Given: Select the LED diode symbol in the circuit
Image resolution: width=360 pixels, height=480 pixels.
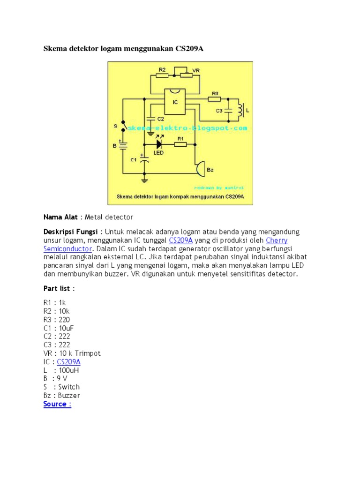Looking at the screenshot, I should (x=158, y=144).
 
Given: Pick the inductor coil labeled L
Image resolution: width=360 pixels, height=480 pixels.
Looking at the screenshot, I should (x=240, y=111).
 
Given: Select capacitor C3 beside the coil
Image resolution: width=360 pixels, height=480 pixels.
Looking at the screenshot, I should (x=227, y=111).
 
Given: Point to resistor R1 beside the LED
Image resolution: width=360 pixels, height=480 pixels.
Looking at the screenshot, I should (x=180, y=144).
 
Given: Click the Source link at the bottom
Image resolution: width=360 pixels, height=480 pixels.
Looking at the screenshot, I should (x=57, y=404).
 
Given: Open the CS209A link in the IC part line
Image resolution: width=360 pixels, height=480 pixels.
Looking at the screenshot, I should (x=69, y=362).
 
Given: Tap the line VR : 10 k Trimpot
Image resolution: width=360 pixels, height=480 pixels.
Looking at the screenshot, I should (x=72, y=353).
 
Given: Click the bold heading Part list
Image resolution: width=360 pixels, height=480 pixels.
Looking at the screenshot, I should (x=57, y=288).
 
